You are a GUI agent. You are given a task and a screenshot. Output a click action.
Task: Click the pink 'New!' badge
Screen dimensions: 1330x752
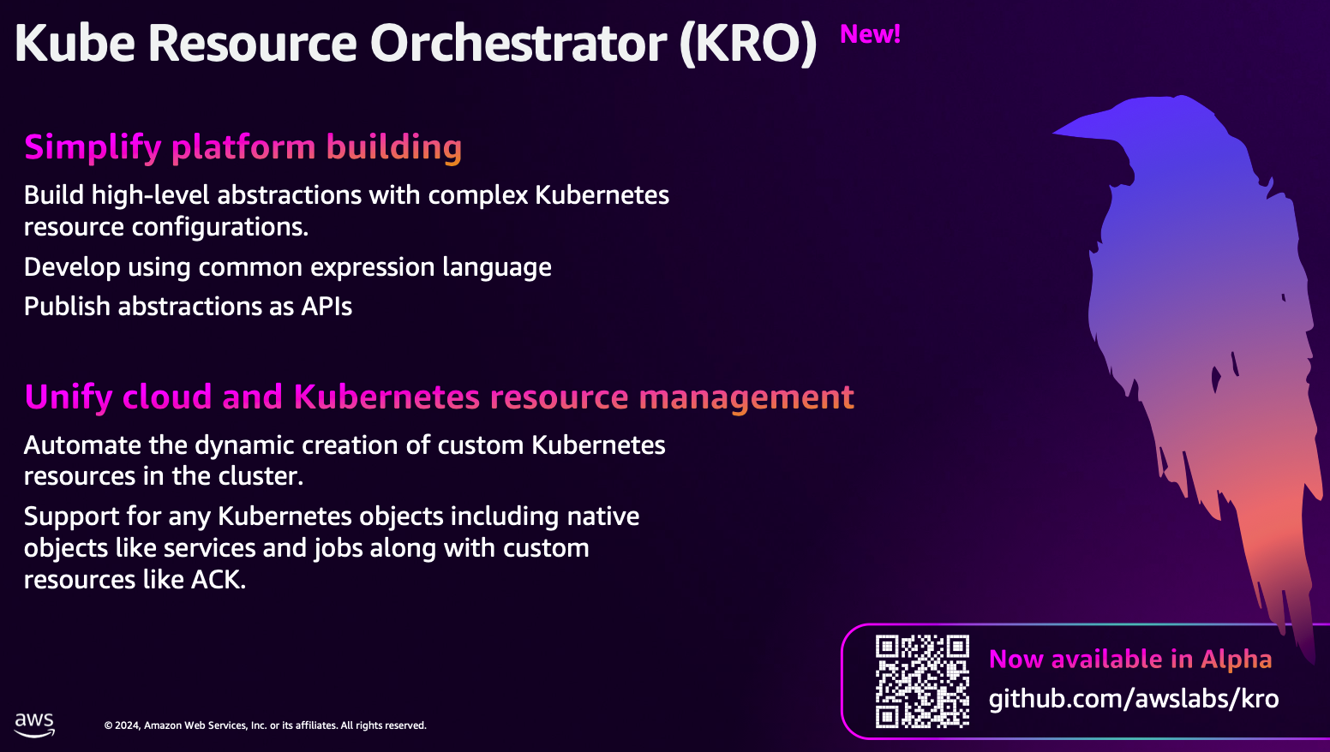point(870,34)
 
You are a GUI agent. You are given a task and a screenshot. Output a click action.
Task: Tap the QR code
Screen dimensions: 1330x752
point(922,682)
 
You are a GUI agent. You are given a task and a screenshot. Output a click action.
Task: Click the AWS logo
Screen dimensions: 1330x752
point(34,725)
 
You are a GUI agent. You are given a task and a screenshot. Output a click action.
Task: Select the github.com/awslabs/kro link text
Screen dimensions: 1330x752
point(1134,699)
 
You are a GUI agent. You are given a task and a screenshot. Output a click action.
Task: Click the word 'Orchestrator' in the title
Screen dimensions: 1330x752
point(518,44)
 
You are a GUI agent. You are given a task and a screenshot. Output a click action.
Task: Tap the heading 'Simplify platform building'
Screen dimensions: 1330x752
point(243,147)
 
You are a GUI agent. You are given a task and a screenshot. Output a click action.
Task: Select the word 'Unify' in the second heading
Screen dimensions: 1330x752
point(69,397)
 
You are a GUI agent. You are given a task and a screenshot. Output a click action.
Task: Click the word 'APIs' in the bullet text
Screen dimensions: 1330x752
point(327,307)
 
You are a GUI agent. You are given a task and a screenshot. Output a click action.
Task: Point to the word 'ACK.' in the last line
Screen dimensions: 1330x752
point(219,580)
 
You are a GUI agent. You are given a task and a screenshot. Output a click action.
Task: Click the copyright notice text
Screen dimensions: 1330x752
point(266,725)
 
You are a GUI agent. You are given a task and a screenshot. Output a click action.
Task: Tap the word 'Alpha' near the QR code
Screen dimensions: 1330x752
point(1237,659)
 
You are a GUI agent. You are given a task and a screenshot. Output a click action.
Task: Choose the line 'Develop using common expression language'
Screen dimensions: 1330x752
point(287,268)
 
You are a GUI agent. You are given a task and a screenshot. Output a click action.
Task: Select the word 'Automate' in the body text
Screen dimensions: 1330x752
point(82,445)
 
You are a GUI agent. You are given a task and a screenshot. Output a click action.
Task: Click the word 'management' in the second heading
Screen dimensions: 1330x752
point(746,397)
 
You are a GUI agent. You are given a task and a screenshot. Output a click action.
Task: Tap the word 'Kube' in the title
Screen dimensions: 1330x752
point(75,44)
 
